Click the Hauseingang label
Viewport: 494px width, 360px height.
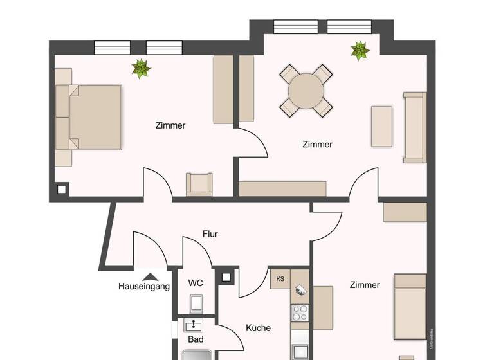[144, 287]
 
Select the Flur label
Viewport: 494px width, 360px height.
[210, 234]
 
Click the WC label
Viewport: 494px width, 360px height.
[196, 283]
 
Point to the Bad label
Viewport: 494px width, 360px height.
[196, 339]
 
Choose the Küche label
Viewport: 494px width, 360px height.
[258, 328]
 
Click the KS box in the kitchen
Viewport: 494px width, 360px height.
[280, 279]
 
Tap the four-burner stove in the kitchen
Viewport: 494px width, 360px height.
[300, 313]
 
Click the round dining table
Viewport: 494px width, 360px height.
[306, 91]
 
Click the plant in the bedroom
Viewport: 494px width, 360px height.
[141, 67]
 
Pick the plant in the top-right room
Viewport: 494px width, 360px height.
[360, 50]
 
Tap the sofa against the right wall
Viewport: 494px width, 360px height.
[414, 127]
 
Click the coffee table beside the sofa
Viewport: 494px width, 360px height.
[381, 127]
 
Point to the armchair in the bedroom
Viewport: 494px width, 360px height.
[199, 184]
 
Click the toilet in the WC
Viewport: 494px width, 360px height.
[196, 302]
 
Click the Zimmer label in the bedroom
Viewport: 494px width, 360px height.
[170, 125]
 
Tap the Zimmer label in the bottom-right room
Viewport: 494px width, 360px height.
[365, 285]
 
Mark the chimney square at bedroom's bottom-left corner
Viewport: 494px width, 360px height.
[62, 190]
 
